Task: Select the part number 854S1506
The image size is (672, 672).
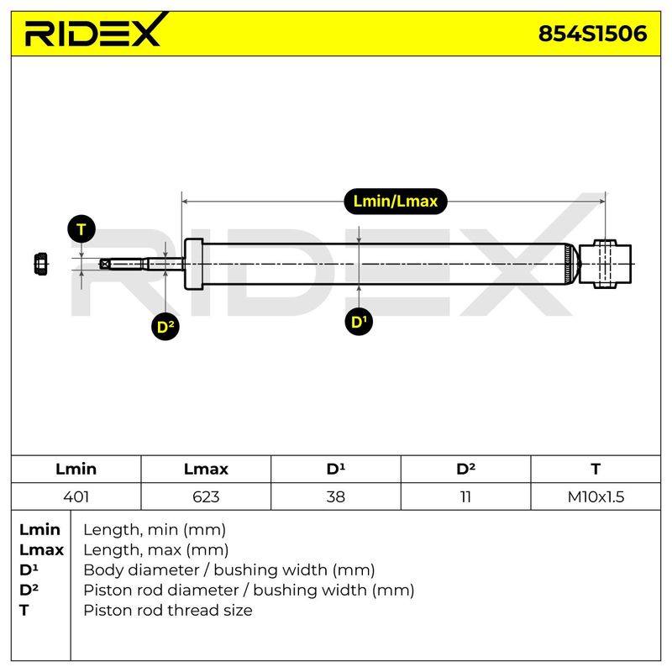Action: pos(592,34)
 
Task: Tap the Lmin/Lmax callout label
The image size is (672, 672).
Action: pos(396,201)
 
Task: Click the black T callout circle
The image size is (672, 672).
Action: pos(81,229)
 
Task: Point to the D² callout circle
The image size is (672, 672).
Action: pos(165,327)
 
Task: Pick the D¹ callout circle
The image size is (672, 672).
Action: pos(359,322)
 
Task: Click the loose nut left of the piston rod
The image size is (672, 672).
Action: pos(40,264)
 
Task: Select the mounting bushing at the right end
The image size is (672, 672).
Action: pos(605,264)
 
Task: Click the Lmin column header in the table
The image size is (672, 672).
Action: pos(76,469)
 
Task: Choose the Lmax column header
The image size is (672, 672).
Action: pos(206,469)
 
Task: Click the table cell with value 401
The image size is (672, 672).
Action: pos(76,496)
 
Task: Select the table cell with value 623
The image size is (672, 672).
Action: pos(206,496)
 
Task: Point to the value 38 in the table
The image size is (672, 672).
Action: pos(335,496)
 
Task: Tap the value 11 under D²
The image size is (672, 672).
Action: pos(465,496)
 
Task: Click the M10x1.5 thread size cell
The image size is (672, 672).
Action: pos(596,496)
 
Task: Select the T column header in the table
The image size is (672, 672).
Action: pos(596,469)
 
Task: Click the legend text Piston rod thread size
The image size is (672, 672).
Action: pos(168,611)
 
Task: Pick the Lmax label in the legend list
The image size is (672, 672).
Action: pos(41,550)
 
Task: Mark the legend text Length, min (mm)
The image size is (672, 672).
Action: pos(155,530)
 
